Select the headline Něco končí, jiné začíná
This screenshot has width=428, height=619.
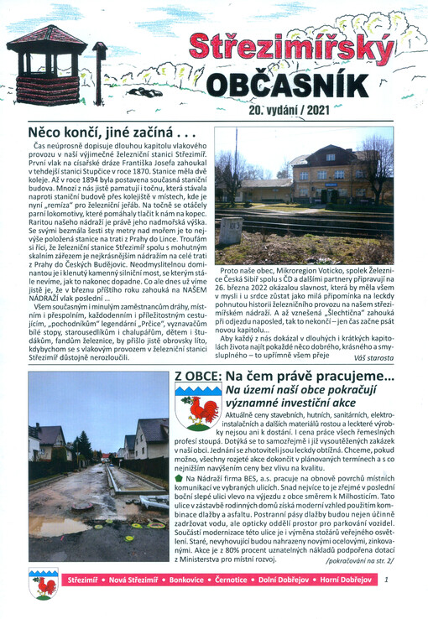111,132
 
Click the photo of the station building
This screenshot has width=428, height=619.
304,195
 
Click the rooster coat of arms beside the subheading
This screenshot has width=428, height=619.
198,408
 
